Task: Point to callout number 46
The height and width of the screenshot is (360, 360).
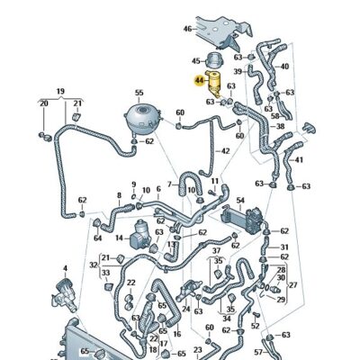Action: click(188, 29)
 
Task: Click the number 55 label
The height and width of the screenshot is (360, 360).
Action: click(139, 94)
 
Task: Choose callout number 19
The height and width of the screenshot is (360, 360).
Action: click(60, 92)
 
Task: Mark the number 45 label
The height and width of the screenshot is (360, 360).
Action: click(196, 60)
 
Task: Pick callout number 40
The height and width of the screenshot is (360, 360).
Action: click(284, 67)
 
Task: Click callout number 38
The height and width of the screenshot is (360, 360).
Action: click(281, 128)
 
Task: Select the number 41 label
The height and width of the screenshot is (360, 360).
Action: click(299, 159)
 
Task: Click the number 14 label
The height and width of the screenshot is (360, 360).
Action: click(119, 238)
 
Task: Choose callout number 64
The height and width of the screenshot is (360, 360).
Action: click(97, 238)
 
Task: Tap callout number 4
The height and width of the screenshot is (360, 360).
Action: click(65, 268)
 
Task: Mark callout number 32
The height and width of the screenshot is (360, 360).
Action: click(93, 265)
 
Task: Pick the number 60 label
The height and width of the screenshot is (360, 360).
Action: click(180, 112)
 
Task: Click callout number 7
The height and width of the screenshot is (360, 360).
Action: click(167, 184)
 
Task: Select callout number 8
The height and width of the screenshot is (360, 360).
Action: click(118, 193)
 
